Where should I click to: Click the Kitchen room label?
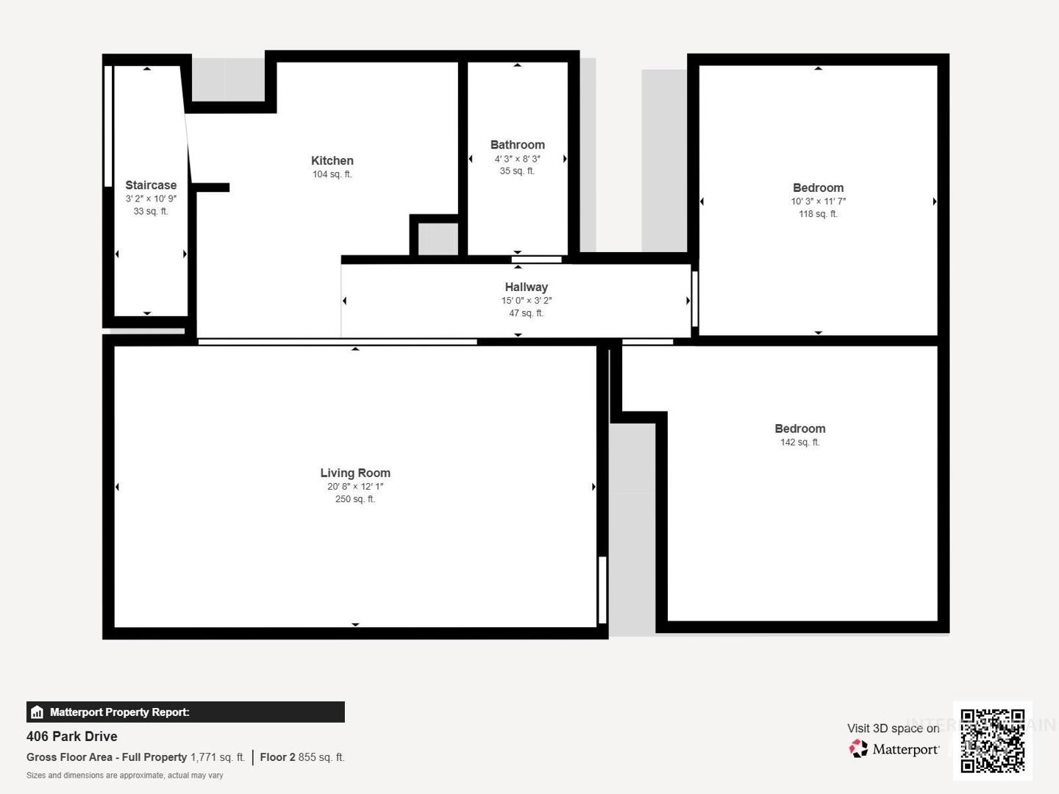(332, 160)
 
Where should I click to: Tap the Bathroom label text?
(517, 145)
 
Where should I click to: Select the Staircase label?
(151, 185)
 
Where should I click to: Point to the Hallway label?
(526, 287)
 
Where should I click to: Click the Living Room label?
(355, 473)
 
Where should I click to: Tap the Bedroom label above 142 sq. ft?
(800, 429)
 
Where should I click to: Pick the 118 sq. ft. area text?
(818, 213)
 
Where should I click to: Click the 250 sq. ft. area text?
(355, 499)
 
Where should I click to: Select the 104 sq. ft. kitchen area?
(332, 174)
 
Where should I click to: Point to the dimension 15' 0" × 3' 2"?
(526, 301)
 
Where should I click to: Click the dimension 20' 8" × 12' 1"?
(355, 487)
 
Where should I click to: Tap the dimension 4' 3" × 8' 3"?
(517, 159)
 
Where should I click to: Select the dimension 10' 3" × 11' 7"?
(818, 201)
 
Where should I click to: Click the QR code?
(992, 741)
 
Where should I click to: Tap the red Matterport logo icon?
(858, 748)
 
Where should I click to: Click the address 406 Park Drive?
(72, 737)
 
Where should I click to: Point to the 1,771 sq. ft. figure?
(218, 757)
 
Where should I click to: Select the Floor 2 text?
(277, 757)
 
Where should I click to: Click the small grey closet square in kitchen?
(438, 239)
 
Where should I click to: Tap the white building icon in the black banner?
(38, 712)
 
